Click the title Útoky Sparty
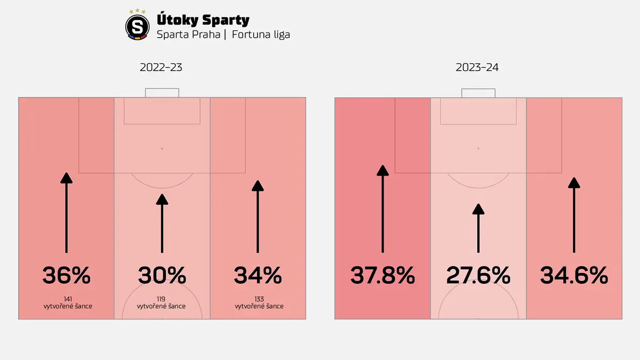(x=203, y=20)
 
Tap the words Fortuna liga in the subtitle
(x=261, y=35)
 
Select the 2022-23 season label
(x=161, y=67)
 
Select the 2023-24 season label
(x=477, y=67)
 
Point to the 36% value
(x=66, y=275)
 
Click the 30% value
(x=162, y=275)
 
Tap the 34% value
(x=258, y=275)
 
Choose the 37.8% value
(x=382, y=275)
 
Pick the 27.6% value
(x=478, y=275)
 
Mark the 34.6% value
(x=574, y=275)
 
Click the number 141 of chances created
(x=68, y=299)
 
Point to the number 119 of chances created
(x=161, y=299)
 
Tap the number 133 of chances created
(x=259, y=299)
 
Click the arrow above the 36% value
(x=66, y=213)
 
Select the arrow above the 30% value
(x=162, y=223)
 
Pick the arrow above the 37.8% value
(x=382, y=209)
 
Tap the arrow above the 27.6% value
(x=478, y=228)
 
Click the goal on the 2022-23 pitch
(x=162, y=93)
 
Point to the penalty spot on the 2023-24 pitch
(x=478, y=149)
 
